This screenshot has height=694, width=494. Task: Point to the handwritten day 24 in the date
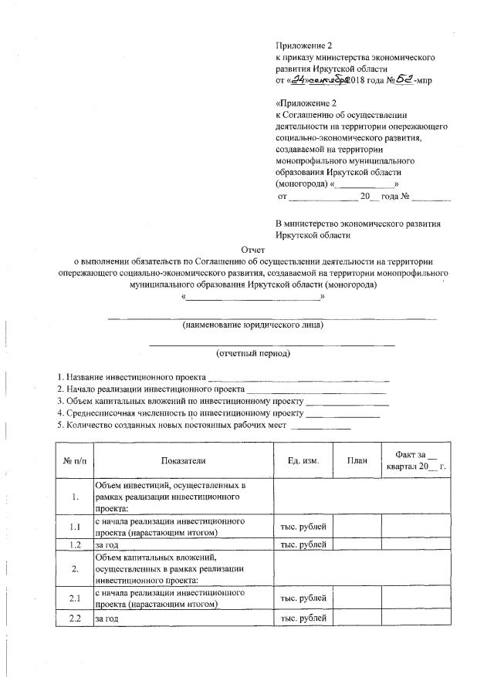point(293,79)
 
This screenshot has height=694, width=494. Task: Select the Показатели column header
point(184,460)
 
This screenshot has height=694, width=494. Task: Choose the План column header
point(357,460)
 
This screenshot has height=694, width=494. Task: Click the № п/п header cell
point(75,460)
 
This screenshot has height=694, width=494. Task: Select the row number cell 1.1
point(75,527)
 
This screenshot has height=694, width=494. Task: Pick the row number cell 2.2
point(75,618)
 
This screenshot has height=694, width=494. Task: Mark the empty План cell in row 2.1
point(357,598)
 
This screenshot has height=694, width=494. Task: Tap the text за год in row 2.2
point(107,619)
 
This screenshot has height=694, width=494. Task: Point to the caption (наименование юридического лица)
point(253,325)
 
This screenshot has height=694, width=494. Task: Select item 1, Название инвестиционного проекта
point(131,378)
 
